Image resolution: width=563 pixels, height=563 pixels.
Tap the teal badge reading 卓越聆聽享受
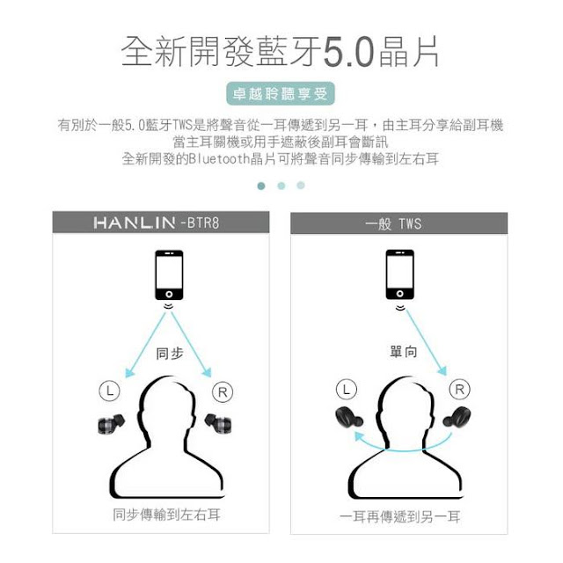coord(281,94)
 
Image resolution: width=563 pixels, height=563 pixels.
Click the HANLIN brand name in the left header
coord(135,223)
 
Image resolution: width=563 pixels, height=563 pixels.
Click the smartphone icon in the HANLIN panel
coord(169,276)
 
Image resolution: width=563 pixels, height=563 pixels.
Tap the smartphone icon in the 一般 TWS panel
coord(399,276)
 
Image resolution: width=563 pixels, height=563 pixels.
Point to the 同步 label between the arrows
coord(169,355)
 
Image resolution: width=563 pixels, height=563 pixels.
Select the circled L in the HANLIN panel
coord(106,391)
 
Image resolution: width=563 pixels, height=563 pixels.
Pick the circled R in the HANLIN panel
coord(223,391)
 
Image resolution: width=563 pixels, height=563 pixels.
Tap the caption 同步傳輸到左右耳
coord(166,515)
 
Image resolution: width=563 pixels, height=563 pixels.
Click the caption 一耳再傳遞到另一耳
coord(400,516)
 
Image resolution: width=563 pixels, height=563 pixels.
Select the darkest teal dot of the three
coord(261,186)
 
